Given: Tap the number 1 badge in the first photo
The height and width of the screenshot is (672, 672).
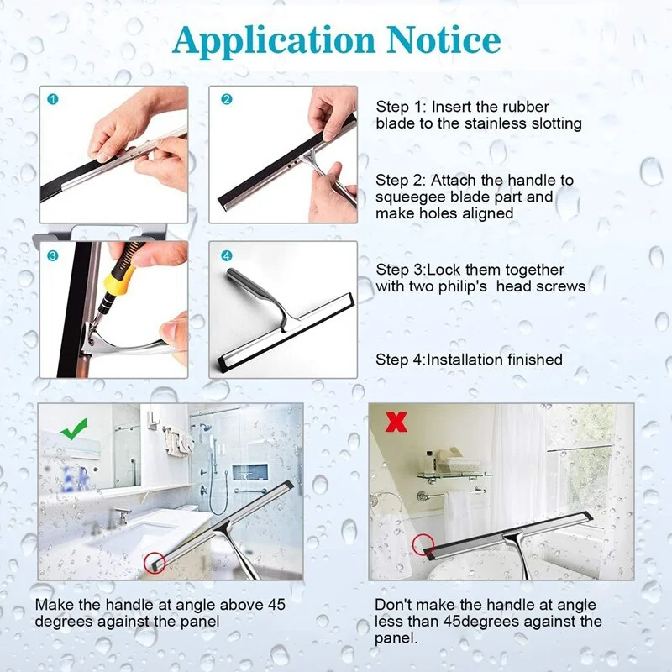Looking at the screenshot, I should (54, 99).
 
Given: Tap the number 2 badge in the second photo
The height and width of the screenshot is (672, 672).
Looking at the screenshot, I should (226, 99).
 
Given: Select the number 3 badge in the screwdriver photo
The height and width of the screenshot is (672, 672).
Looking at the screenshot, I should (54, 255).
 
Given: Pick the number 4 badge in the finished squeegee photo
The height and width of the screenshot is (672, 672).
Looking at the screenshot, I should (226, 255).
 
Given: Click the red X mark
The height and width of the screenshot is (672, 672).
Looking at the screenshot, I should (395, 421).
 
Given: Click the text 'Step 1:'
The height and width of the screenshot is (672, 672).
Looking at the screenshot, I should (402, 107).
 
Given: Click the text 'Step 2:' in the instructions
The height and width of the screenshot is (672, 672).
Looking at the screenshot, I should (402, 180).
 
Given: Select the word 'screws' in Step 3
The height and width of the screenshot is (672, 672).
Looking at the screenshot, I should (564, 286).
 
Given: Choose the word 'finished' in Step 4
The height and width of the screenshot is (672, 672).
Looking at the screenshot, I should (530, 360).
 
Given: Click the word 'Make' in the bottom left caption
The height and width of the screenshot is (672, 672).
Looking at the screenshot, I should (53, 605).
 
